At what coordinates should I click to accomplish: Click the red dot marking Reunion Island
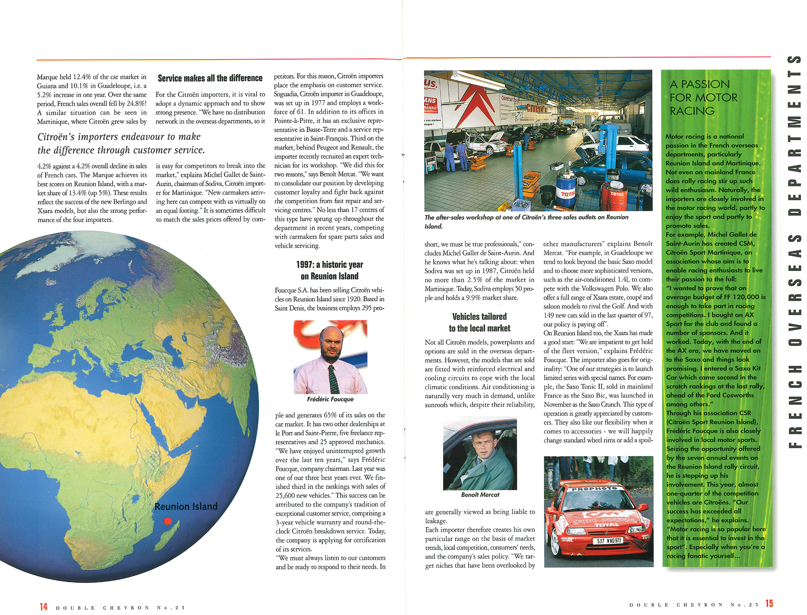168,521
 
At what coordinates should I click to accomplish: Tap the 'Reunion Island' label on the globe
186,506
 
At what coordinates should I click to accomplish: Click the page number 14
43,607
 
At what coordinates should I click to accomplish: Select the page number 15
769,603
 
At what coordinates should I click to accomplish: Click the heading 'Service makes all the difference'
210,78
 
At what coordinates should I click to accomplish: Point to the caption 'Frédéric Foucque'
330,399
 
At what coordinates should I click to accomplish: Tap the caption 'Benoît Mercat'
480,495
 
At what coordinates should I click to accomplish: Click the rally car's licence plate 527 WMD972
609,541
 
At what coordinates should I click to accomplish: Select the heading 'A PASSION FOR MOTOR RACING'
703,97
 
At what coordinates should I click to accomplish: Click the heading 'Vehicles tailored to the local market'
479,322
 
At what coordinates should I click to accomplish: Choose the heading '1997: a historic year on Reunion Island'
330,270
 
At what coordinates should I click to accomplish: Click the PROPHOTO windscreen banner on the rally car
595,489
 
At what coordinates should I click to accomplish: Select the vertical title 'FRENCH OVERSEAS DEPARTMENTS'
794,250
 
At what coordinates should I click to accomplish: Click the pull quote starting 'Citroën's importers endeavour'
121,143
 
